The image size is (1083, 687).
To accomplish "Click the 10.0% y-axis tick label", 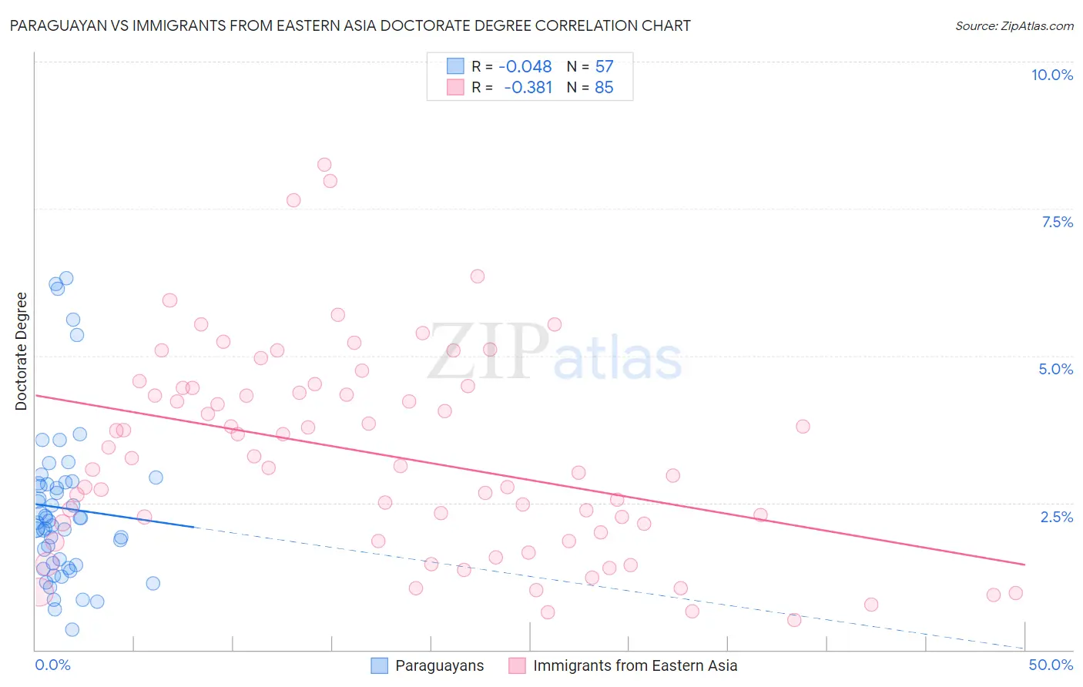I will (x=1051, y=75).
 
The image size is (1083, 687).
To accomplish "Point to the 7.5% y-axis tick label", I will (x=1057, y=222).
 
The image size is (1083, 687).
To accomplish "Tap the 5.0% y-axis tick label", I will (x=1055, y=369).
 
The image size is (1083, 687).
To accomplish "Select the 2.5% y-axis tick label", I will (x=1057, y=517).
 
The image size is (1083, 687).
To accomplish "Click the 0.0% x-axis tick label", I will (x=52, y=665).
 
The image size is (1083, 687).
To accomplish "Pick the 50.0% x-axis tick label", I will (x=1051, y=665).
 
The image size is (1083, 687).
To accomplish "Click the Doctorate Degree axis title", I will (x=22, y=351).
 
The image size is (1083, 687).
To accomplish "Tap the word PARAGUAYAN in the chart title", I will (x=54, y=25).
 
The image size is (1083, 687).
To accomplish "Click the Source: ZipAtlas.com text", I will (x=1014, y=25).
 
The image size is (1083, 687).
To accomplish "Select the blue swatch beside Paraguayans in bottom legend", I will (x=379, y=665).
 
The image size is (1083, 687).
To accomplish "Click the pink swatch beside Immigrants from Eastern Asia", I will (x=517, y=665).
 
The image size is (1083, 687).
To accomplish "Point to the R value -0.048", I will (x=525, y=67).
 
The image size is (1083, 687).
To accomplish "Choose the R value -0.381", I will (x=528, y=88).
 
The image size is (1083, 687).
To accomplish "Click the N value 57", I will (x=604, y=67).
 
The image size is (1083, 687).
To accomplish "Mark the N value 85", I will (x=604, y=88).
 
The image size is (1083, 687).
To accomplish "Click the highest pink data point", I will (x=324, y=165).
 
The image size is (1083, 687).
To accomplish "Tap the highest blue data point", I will (x=66, y=278).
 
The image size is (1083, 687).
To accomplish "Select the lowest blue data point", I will (x=72, y=629).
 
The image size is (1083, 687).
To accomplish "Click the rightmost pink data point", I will (x=1015, y=593).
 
